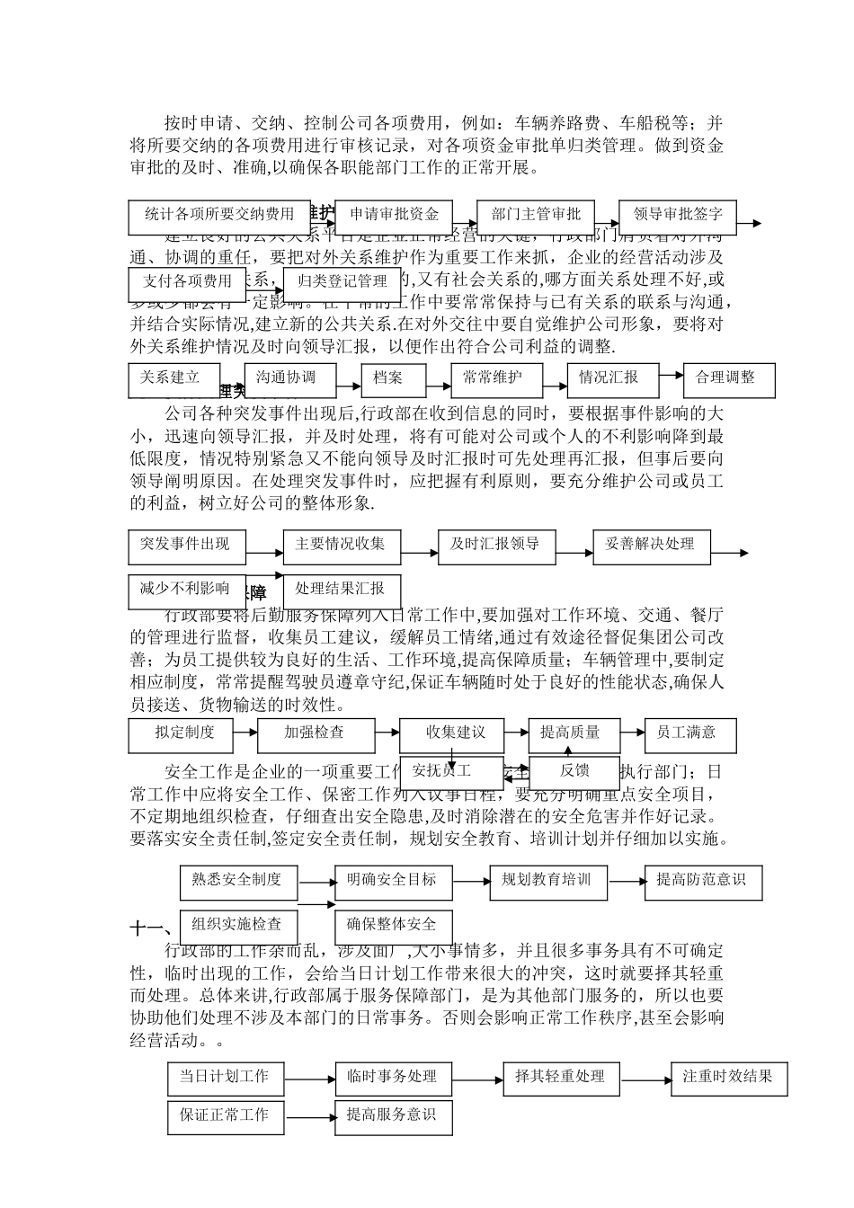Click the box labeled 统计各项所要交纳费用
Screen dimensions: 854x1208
[x=219, y=214]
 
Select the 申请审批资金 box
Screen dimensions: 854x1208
[x=393, y=214]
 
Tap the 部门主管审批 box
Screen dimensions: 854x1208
[x=535, y=214]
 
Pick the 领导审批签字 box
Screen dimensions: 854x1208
[x=677, y=214]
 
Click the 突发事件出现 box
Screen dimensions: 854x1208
[x=186, y=545]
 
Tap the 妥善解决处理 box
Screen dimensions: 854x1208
[x=651, y=545]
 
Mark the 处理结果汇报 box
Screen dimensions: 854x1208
[x=341, y=590]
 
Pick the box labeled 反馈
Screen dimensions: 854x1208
[x=574, y=770]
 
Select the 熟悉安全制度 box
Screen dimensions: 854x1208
[x=237, y=880]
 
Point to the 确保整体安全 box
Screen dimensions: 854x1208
[x=393, y=925]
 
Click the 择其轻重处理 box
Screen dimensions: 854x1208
[x=561, y=1077]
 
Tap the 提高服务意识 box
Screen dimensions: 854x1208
[x=393, y=1116]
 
